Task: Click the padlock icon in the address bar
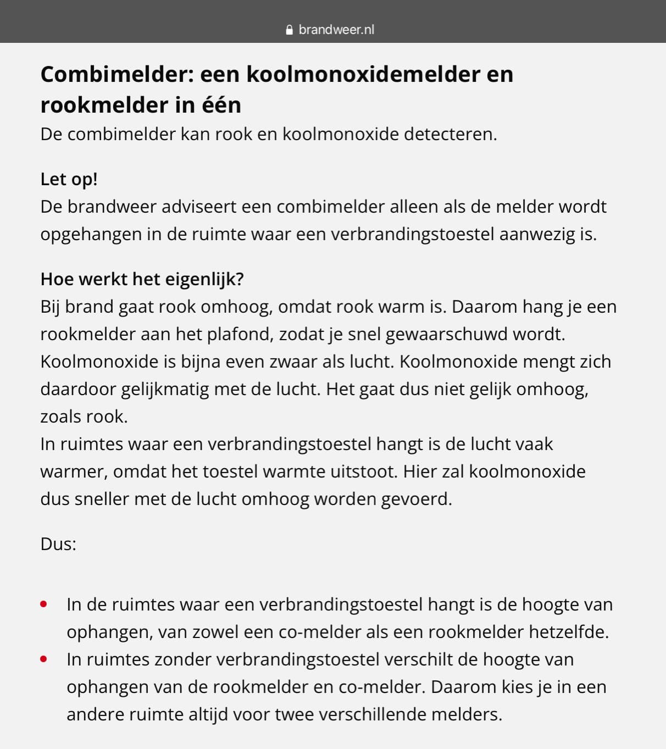coord(290,30)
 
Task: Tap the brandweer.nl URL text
coord(336,30)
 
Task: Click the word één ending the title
coord(220,105)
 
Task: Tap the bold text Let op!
coord(69,179)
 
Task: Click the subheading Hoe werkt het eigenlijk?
coord(142,279)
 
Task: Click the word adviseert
coord(198,207)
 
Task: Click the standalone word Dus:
coord(58,544)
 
